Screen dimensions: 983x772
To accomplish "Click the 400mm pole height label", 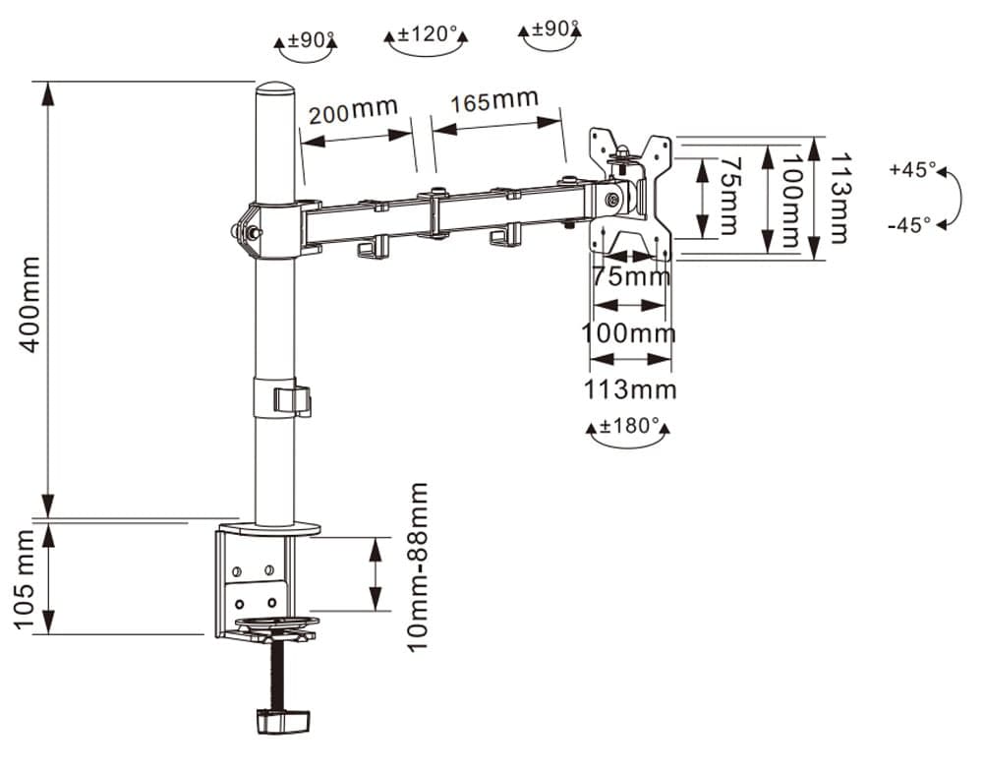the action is tap(29, 304).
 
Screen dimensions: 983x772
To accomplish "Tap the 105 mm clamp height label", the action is tap(26, 579).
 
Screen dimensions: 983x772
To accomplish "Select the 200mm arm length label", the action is tap(353, 110).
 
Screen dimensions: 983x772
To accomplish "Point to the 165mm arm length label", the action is tap(494, 99).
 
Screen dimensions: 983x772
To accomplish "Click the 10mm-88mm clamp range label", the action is tap(417, 567).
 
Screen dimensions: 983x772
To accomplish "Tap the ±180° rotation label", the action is tap(630, 427).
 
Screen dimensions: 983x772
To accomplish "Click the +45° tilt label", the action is tap(912, 169).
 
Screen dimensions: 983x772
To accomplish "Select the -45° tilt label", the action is tap(909, 224).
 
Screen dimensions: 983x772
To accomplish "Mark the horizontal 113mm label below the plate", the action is tap(631, 389).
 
